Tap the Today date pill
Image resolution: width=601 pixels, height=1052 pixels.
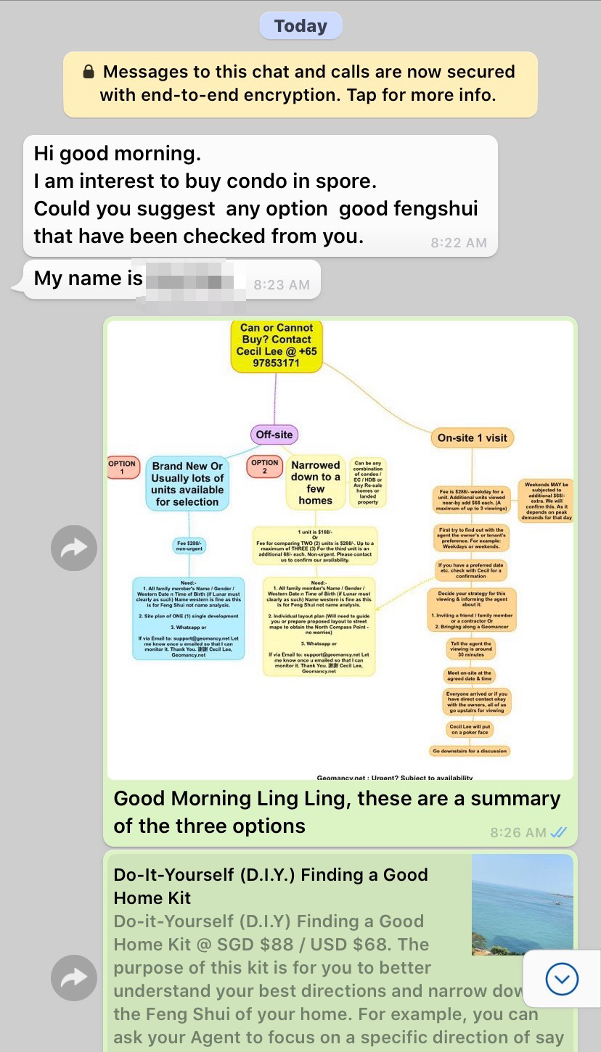click(300, 27)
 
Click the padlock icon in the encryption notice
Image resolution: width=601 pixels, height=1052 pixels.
click(88, 72)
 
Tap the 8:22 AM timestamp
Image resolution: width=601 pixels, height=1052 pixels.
click(458, 243)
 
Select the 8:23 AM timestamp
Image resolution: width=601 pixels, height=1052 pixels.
click(282, 285)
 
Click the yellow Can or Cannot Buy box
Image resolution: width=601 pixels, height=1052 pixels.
click(277, 345)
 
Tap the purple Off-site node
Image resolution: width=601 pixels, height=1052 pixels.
click(274, 435)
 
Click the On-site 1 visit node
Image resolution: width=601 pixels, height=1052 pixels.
click(472, 437)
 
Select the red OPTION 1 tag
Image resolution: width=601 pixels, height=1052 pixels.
click(122, 468)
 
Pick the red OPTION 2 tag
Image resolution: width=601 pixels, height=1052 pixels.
click(265, 467)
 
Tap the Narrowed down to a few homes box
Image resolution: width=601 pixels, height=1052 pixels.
click(315, 482)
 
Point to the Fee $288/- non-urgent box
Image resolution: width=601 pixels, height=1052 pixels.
click(191, 545)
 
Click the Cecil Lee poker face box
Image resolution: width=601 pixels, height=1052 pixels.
click(470, 729)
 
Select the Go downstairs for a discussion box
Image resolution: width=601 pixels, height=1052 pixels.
click(470, 751)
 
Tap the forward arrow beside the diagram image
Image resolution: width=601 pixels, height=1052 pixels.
click(74, 548)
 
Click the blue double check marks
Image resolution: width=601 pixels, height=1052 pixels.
click(558, 832)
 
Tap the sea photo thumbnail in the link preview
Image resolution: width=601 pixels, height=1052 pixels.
click(522, 904)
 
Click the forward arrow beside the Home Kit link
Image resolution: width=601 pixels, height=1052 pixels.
click(74, 978)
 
